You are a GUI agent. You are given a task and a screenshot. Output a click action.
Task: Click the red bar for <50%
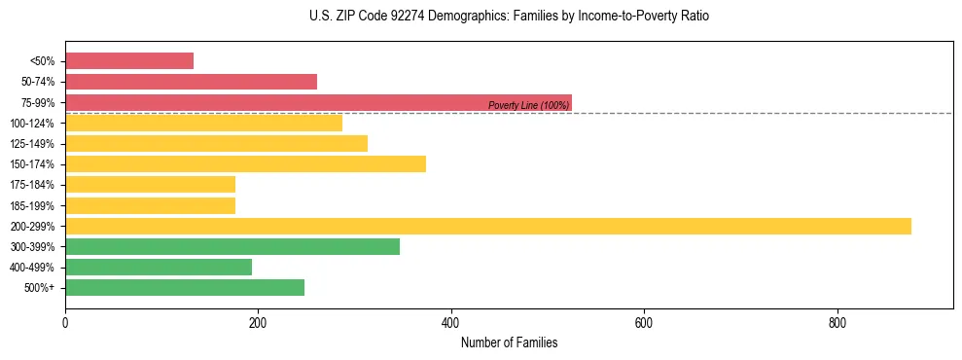129,61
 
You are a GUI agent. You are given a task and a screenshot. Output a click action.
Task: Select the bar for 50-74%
191,82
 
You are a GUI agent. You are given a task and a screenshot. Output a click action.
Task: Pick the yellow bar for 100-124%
203,123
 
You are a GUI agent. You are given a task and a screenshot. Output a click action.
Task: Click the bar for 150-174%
245,163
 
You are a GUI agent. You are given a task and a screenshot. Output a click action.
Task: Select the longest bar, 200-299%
488,226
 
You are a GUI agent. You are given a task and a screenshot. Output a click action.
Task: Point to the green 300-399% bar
232,246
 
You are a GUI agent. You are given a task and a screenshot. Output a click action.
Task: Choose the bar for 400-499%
159,267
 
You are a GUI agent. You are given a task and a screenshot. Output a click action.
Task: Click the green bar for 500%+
185,287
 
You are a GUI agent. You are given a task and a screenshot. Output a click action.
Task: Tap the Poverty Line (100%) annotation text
528,105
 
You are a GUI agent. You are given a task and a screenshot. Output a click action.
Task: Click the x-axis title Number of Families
509,343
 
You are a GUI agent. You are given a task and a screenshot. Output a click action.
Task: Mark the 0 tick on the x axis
65,322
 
